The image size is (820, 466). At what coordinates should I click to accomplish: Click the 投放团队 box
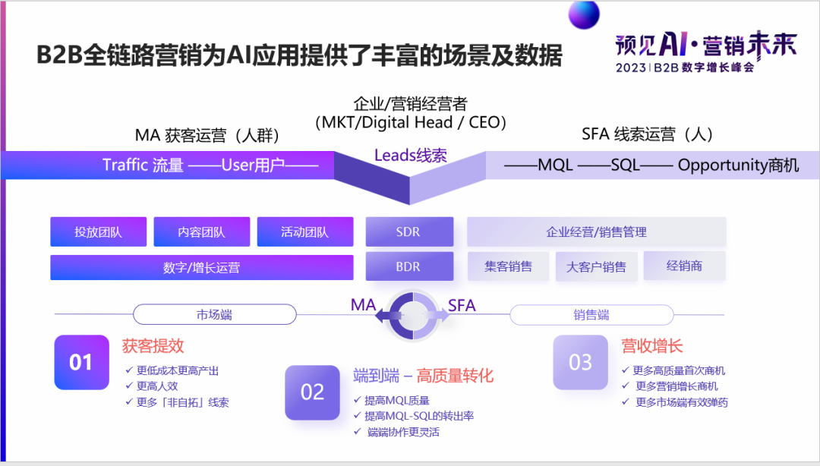coord(98,232)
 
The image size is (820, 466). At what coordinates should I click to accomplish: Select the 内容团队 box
coord(201,232)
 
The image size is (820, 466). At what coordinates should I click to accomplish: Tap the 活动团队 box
coord(304,232)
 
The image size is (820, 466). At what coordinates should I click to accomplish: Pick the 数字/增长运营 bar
coord(201,268)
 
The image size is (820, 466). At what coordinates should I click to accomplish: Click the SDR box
coord(408,232)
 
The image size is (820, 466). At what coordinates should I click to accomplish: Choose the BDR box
coord(408,267)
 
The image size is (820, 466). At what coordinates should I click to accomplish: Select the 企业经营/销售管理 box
coord(596,232)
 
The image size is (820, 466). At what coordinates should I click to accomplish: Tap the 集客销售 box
coord(508,267)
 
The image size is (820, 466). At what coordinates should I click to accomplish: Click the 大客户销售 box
coord(596,267)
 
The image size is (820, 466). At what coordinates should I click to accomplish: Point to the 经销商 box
coord(684,266)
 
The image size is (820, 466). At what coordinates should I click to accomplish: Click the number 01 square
coord(81,363)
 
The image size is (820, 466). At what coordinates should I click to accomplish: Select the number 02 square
coord(312,392)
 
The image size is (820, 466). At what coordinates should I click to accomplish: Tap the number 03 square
coord(580,363)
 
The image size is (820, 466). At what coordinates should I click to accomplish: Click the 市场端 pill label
coord(214,314)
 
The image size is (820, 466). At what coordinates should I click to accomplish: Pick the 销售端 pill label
coord(591,314)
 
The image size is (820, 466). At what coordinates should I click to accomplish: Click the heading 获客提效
coord(153,346)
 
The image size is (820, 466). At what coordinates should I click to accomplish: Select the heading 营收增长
coord(652,346)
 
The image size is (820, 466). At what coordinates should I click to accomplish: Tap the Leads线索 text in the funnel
coord(410,156)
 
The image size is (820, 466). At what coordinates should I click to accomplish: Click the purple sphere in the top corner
coord(584,13)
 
